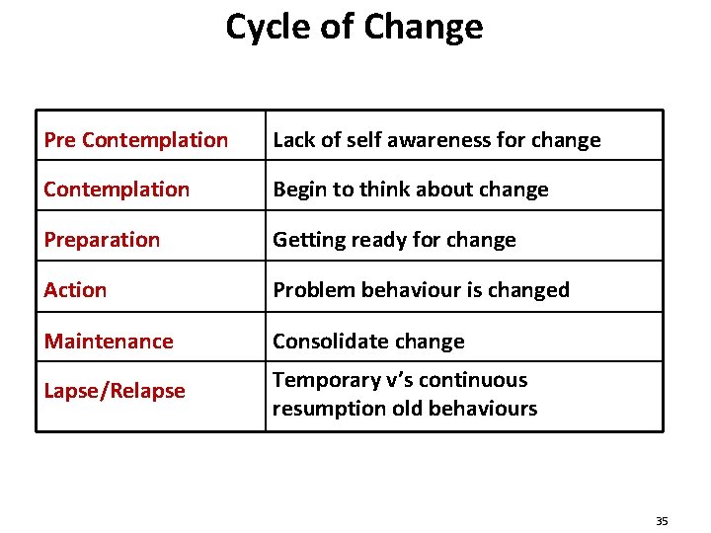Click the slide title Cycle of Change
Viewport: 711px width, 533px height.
[x=355, y=27]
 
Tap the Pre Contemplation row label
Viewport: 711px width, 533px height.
[x=135, y=140]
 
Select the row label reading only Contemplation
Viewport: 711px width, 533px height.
[x=117, y=190]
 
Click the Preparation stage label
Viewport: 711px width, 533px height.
[x=102, y=240]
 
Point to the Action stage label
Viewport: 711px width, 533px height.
[x=75, y=290]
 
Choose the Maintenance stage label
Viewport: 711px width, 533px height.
[x=109, y=342]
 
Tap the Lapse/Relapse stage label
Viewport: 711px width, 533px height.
[x=115, y=391]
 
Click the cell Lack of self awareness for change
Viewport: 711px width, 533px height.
[x=436, y=140]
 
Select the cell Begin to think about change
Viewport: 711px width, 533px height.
[x=410, y=190]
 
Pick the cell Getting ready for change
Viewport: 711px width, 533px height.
[x=394, y=240]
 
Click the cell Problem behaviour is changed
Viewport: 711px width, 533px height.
[x=421, y=290]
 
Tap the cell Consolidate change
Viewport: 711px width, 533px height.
[x=368, y=342]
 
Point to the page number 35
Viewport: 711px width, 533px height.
[x=662, y=520]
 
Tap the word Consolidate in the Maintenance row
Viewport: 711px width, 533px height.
[x=319, y=342]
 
